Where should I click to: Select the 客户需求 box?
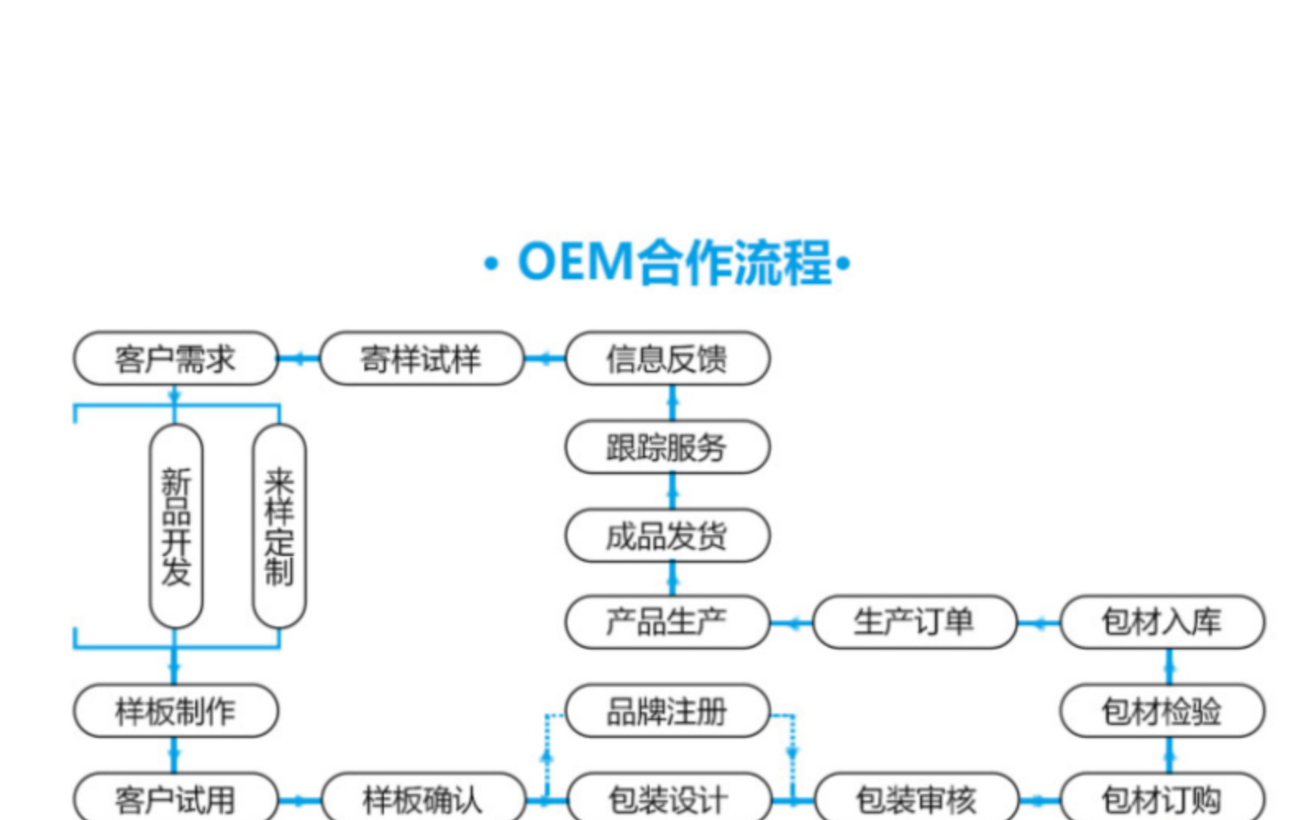tap(176, 358)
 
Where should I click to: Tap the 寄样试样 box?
tap(422, 358)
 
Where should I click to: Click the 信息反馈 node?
tap(668, 358)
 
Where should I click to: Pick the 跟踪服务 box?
tap(668, 447)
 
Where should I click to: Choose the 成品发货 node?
tap(668, 535)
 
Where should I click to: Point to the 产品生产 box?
tap(668, 622)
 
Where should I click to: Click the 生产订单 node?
tap(915, 622)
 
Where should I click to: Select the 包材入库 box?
tap(1162, 622)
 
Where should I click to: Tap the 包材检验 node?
tap(1162, 710)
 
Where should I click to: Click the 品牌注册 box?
tap(668, 710)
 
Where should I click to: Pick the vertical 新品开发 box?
tap(176, 526)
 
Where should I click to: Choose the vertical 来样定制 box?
tap(279, 526)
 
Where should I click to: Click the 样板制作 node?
tap(176, 710)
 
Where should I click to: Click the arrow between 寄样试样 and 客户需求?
tap(299, 358)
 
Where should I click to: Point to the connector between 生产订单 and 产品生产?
tap(792, 623)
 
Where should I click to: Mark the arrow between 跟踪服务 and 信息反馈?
tap(673, 403)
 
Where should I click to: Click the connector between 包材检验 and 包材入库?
tap(1170, 666)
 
